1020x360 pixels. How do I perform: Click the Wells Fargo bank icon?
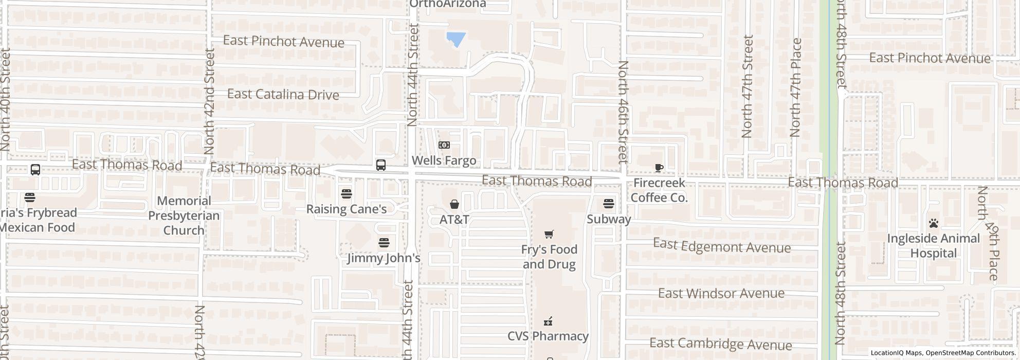[x=444, y=146]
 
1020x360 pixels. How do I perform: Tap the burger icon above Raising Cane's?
[x=347, y=194]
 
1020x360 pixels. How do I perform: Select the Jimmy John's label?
[x=384, y=258]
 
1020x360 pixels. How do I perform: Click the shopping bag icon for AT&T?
[x=454, y=205]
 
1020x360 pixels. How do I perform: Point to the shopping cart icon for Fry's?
[x=549, y=235]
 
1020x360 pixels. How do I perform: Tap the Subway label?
[x=609, y=219]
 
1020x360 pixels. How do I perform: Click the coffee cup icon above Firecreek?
[x=659, y=168]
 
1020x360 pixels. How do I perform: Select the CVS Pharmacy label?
[x=548, y=336]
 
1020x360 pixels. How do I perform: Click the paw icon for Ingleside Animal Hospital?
[x=934, y=223]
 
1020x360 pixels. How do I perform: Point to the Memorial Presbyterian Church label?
[x=184, y=215]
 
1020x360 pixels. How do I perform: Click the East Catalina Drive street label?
[x=283, y=95]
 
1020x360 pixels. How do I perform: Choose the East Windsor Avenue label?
[x=721, y=294]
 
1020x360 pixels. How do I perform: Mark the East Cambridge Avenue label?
[x=720, y=344]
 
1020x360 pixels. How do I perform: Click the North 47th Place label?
[x=796, y=87]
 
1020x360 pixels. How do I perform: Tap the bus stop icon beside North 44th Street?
[x=381, y=165]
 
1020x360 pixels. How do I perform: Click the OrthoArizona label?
[x=448, y=4]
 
